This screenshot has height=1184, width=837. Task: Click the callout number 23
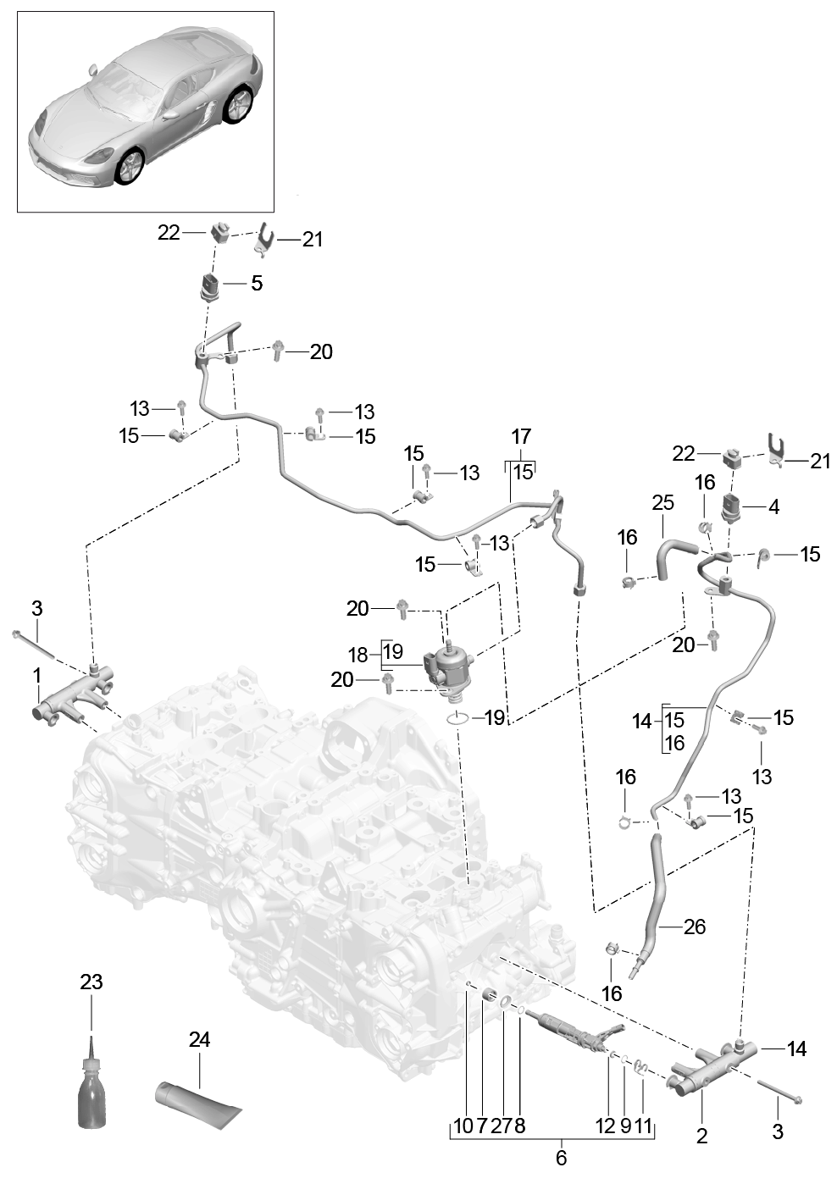pyautogui.click(x=91, y=982)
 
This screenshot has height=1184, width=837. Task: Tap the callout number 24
pyautogui.click(x=199, y=1039)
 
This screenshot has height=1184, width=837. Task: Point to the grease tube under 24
pyautogui.click(x=198, y=1104)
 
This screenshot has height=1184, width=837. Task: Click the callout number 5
pyautogui.click(x=256, y=283)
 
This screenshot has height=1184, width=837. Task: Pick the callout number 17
pyautogui.click(x=521, y=437)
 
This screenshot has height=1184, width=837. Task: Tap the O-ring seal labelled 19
pyautogui.click(x=458, y=719)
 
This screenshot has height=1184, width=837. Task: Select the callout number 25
pyautogui.click(x=662, y=503)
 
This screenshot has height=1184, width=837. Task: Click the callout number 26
pyautogui.click(x=695, y=927)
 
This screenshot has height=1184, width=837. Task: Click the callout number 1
pyautogui.click(x=37, y=676)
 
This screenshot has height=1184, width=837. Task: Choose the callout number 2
pyautogui.click(x=701, y=1136)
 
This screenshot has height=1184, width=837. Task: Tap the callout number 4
pyautogui.click(x=773, y=507)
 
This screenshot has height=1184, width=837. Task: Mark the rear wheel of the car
pyautogui.click(x=241, y=105)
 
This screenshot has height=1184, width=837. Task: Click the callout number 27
pyautogui.click(x=502, y=1126)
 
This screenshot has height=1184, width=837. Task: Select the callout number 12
pyautogui.click(x=605, y=1126)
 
